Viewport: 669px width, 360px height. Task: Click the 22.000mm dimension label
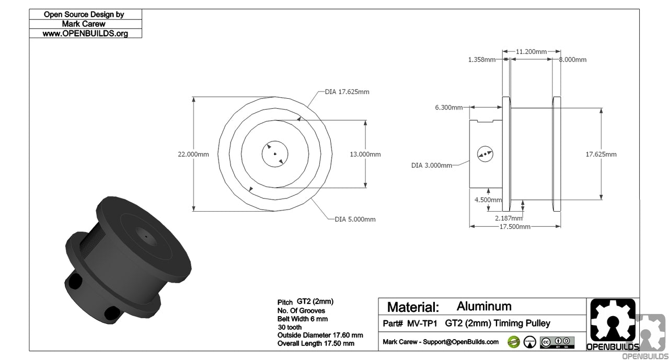(x=193, y=154)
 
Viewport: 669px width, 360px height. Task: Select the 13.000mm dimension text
(x=365, y=154)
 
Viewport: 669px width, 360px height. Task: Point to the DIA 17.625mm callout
(x=347, y=92)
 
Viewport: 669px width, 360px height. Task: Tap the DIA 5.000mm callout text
(x=355, y=219)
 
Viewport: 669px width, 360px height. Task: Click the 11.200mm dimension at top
(x=531, y=52)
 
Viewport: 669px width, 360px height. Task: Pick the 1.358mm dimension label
(x=481, y=60)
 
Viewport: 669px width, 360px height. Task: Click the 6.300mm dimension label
(x=448, y=108)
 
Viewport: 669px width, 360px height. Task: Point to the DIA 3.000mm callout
(x=431, y=166)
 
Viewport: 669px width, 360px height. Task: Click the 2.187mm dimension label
(x=509, y=218)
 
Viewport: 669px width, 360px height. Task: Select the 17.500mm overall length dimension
(x=515, y=227)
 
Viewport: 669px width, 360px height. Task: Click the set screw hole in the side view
(x=485, y=154)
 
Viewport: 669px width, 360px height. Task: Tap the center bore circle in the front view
(x=275, y=154)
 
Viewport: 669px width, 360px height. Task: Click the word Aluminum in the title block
(x=484, y=306)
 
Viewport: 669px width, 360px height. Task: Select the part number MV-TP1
(x=422, y=323)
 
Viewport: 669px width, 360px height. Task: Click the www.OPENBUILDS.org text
(x=85, y=33)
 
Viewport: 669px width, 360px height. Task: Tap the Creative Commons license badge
(x=557, y=342)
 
